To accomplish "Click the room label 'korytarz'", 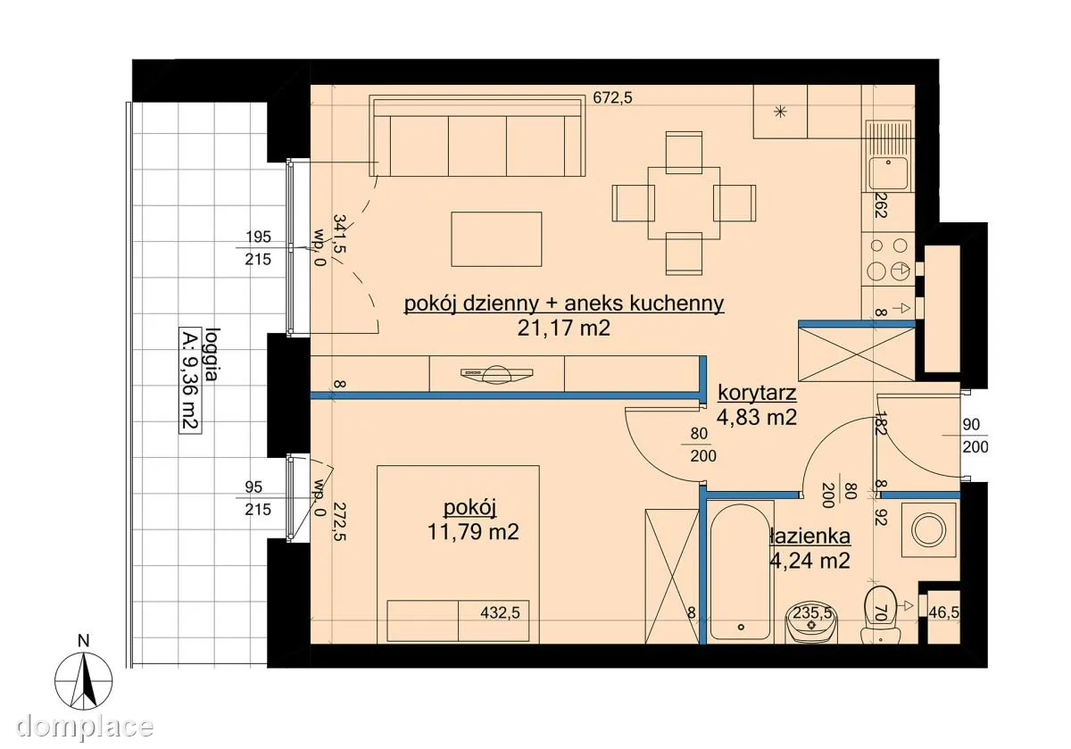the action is pos(757,393).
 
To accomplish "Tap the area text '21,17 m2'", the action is pos(564,329).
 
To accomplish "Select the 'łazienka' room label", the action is pos(810,537).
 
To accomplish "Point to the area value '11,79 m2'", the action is pos(473,531).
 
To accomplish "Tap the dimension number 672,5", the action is pos(612,97).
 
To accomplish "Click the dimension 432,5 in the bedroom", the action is pos(500,612).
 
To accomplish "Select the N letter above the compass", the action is pos(84,640).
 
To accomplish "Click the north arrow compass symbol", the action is pos(84,679).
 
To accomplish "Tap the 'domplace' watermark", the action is pos(85,726).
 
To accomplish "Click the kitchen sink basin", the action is pos(888,173).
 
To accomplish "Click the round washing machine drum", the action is pos(928,529).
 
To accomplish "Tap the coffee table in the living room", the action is pos(496,239).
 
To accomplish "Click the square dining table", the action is pos(684,203).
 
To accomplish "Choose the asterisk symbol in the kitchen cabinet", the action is pos(780,112).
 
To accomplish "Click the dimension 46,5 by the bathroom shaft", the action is pos(943,612).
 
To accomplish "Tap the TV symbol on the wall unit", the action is pos(496,374).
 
